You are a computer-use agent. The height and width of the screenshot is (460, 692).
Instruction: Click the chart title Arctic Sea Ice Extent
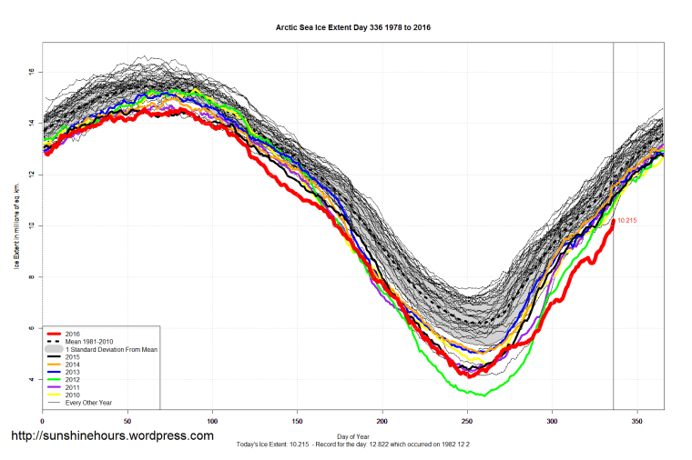pos(353,27)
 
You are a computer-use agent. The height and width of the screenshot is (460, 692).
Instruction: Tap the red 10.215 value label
pos(627,221)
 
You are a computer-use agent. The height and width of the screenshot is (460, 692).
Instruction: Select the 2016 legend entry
pos(73,335)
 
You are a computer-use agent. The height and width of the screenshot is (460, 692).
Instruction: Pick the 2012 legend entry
pos(73,379)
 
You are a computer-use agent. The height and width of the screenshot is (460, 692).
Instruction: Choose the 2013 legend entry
pos(73,372)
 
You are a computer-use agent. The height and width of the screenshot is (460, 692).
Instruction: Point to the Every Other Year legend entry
pos(89,401)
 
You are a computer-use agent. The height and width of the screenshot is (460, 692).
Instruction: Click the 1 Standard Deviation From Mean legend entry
pos(111,349)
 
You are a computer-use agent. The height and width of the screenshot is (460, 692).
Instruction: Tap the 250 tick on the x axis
pos(467,421)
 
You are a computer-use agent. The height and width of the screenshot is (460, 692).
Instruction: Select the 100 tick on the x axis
pos(212,421)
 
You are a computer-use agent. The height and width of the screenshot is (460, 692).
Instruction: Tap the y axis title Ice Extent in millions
pos(15,225)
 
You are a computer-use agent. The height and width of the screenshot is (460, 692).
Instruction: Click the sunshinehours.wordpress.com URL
pos(112,436)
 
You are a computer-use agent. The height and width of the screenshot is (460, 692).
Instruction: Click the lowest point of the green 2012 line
pos(483,395)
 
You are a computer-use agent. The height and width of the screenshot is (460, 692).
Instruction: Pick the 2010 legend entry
pos(73,394)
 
